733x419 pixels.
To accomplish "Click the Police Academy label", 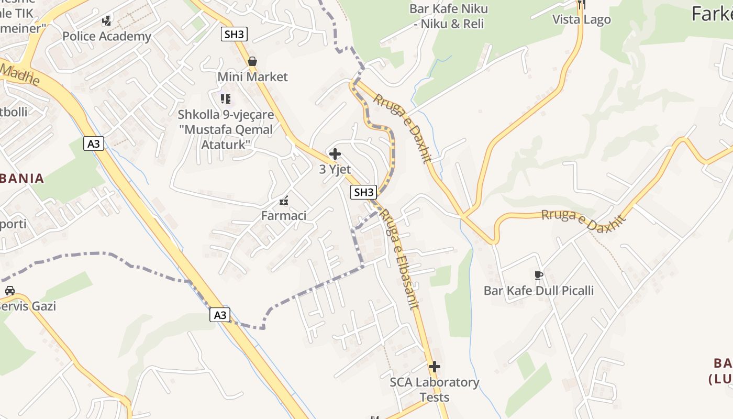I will (106, 36).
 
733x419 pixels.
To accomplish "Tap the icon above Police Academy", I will (107, 21).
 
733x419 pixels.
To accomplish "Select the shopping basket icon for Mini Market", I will (252, 61).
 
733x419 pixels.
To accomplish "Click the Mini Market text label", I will (252, 77).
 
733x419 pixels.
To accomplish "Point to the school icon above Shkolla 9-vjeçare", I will (226, 99).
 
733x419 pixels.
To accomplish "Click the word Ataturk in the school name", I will (225, 144).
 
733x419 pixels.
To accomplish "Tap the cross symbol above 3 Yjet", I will (335, 154).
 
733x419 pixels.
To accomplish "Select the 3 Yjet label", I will (335, 169).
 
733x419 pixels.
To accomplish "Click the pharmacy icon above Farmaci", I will (284, 201).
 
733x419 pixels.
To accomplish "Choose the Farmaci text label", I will (284, 215).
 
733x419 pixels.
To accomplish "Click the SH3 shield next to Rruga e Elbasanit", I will (363, 192).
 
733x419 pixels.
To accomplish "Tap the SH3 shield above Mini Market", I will (234, 35).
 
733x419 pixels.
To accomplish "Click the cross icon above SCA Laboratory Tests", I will (435, 367).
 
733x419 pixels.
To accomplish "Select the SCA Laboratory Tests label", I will (435, 390).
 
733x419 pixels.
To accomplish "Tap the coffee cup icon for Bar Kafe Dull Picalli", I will (538, 275).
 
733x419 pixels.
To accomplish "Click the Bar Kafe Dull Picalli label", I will (539, 291).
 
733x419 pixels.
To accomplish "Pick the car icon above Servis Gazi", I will (9, 291).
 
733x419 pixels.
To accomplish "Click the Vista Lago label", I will (582, 20).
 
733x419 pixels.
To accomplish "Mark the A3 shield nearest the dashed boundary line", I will (220, 315).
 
